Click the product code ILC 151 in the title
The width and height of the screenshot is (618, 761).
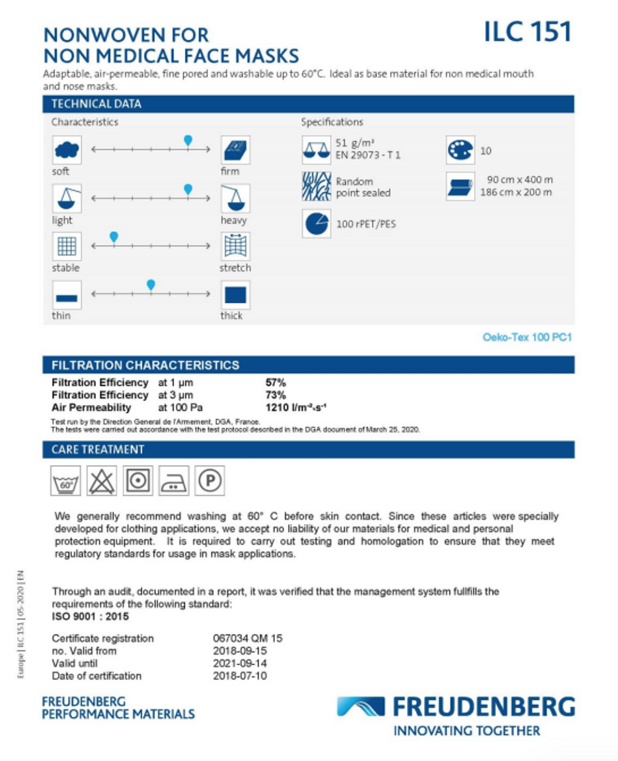(527, 33)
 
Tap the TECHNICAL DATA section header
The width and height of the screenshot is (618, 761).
(97, 104)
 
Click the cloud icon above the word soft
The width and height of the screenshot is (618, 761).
(67, 150)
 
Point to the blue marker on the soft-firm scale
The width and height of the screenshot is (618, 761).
(188, 140)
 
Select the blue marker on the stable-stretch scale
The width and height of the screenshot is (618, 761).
(114, 237)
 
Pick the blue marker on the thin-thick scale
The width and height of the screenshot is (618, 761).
(151, 285)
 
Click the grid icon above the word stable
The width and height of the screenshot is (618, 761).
(67, 246)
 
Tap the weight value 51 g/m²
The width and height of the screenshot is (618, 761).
(351, 143)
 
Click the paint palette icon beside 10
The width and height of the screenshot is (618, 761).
(460, 151)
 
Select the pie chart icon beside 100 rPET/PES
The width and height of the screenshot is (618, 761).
(316, 224)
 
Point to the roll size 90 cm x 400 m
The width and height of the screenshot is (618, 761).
(520, 180)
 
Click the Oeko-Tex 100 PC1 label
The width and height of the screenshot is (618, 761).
(527, 337)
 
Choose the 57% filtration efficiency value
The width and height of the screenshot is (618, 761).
(276, 383)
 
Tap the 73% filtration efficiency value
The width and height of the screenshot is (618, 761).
(276, 395)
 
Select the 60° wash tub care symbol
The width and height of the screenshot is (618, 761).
(66, 482)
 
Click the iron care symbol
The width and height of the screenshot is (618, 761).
(175, 482)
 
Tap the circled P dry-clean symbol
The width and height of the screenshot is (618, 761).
(210, 482)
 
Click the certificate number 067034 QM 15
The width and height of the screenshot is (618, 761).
(248, 638)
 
